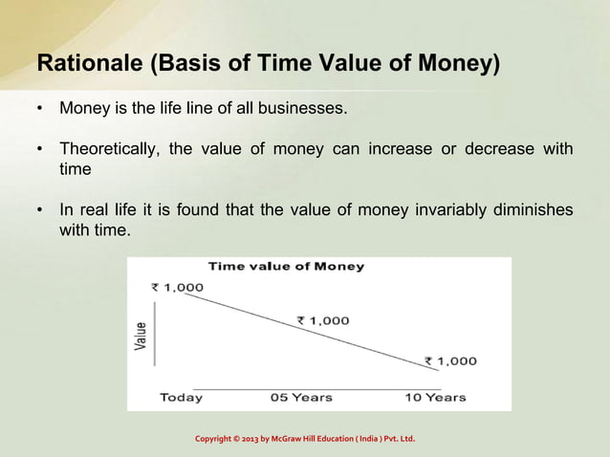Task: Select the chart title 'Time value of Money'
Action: (286, 267)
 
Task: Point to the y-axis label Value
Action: (142, 337)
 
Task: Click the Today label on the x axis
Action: (181, 397)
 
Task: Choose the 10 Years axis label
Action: (435, 397)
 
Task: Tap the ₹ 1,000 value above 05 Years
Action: (322, 321)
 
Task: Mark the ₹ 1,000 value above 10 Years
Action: (450, 360)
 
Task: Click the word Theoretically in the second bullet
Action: (109, 150)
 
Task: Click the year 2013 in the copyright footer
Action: (247, 439)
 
